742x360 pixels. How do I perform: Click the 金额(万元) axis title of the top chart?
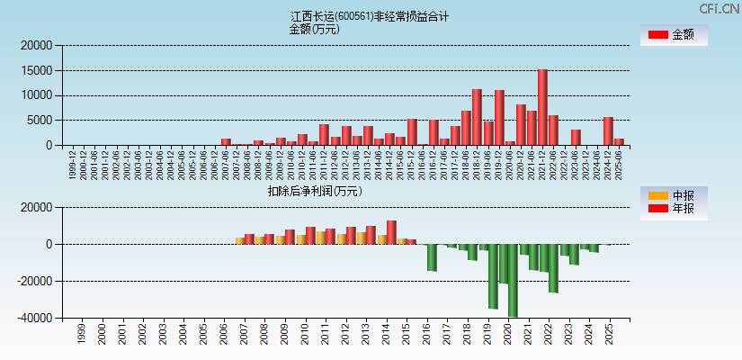(314, 29)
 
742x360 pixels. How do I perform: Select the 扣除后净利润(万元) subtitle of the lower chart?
(314, 191)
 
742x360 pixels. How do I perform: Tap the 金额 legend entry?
(675, 35)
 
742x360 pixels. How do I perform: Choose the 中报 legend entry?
(675, 195)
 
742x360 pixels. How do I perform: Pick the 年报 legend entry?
(675, 209)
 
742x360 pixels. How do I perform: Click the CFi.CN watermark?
(720, 8)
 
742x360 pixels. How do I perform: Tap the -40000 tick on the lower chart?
(33, 319)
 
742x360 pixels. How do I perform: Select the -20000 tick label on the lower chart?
(33, 282)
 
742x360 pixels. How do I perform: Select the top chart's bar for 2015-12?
(412, 131)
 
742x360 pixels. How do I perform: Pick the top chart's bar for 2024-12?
(608, 130)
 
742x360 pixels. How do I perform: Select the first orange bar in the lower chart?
(239, 240)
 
